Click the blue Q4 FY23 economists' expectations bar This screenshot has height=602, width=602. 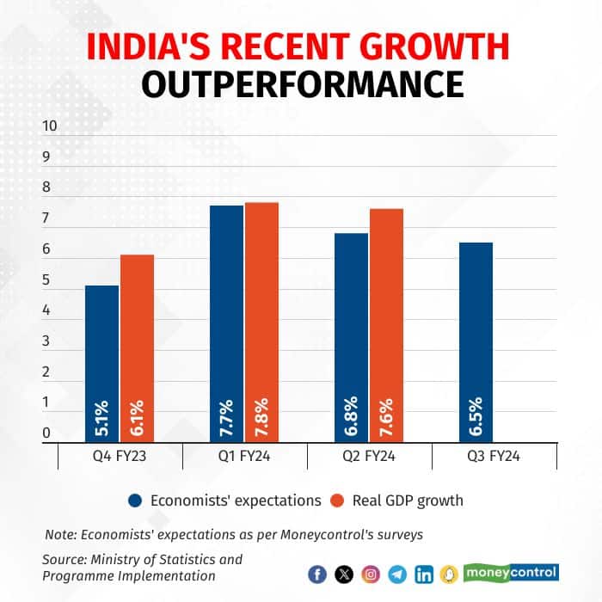(x=101, y=361)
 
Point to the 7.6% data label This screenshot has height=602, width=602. (x=386, y=416)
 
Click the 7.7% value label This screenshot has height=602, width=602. (x=226, y=416)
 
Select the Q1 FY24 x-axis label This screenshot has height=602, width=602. (x=243, y=458)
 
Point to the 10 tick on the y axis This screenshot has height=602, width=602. (x=50, y=126)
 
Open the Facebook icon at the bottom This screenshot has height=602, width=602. (x=317, y=574)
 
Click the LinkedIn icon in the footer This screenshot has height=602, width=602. (x=424, y=574)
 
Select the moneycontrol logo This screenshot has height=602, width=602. (x=511, y=572)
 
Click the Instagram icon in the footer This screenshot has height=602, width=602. (x=371, y=574)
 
